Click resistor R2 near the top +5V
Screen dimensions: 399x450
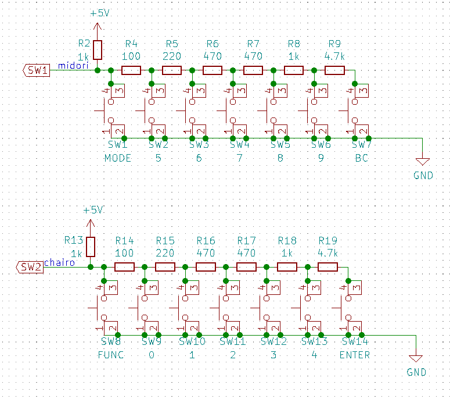[98, 50]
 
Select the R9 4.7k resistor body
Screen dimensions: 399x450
[334, 70]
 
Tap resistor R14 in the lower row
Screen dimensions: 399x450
[125, 267]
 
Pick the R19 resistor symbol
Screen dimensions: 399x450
[328, 267]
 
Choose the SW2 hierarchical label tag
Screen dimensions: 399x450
[31, 267]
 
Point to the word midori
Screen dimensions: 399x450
[73, 66]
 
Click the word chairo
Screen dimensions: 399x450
[60, 263]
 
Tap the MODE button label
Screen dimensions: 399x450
[118, 158]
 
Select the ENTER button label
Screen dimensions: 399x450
[355, 355]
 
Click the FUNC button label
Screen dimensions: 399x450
[111, 355]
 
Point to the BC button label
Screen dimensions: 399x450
[361, 158]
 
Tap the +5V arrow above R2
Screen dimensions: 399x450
[98, 26]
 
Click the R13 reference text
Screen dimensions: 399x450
[74, 240]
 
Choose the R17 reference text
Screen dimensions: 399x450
[247, 240]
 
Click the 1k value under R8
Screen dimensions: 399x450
[294, 56]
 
